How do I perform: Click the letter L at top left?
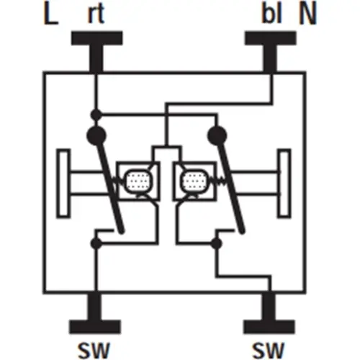coord(50,14)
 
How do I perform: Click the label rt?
coord(96,14)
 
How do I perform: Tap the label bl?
coord(271,14)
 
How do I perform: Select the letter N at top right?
coord(307,14)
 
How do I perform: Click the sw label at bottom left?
coord(94,350)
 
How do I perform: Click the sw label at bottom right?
coord(268,350)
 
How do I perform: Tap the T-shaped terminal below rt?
coord(96,51)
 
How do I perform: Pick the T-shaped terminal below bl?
coord(271,51)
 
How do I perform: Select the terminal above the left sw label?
coord(95,312)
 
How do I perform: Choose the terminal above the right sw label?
coord(269,312)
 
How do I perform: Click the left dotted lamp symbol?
coord(138,181)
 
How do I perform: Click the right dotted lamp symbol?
coord(194,181)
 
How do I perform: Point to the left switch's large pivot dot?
coord(96,135)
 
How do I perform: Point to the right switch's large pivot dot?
coord(217,135)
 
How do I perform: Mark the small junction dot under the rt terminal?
coord(96,115)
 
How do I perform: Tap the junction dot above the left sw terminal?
coord(96,243)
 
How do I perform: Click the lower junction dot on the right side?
coord(216,243)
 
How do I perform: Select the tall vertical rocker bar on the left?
coord(63,184)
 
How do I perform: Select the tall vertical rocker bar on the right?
coord(284,184)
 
